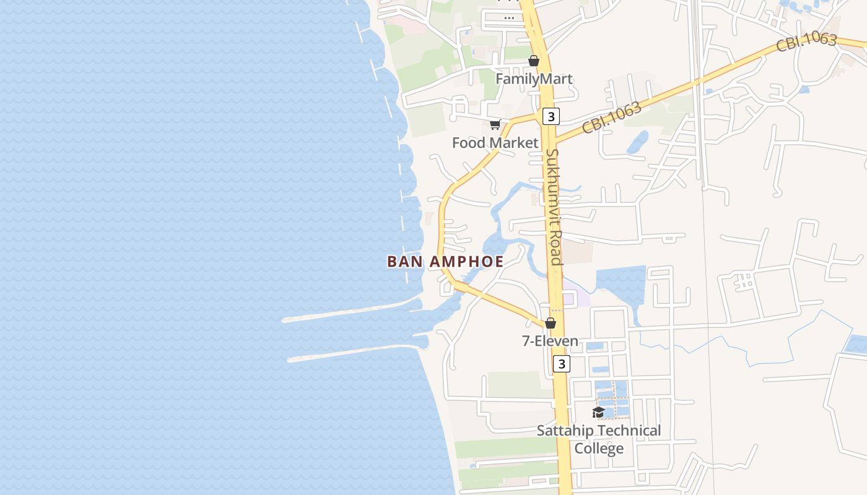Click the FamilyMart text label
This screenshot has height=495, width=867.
click(534, 79)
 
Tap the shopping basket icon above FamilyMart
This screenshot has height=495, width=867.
click(534, 61)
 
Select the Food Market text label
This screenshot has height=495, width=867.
click(495, 143)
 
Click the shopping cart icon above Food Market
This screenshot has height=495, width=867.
click(495, 125)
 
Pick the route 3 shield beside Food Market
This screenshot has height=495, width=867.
click(551, 116)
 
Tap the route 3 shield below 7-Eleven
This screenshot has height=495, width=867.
click(561, 363)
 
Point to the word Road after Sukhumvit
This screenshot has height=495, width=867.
click(557, 248)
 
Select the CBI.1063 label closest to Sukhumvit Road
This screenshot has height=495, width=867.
click(611, 118)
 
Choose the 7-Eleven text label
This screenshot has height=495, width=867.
click(550, 341)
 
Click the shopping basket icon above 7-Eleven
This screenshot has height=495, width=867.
click(550, 323)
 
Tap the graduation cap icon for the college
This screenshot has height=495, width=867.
click(598, 412)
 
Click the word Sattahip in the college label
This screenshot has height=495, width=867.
click(565, 431)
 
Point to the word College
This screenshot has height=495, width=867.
click(599, 448)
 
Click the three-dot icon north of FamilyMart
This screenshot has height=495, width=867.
click(509, 18)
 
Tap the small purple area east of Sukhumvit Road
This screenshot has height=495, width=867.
click(568, 298)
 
